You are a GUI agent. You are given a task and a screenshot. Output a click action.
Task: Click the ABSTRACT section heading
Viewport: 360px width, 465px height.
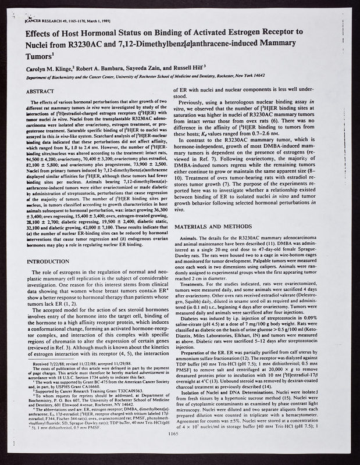tap(41, 91)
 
